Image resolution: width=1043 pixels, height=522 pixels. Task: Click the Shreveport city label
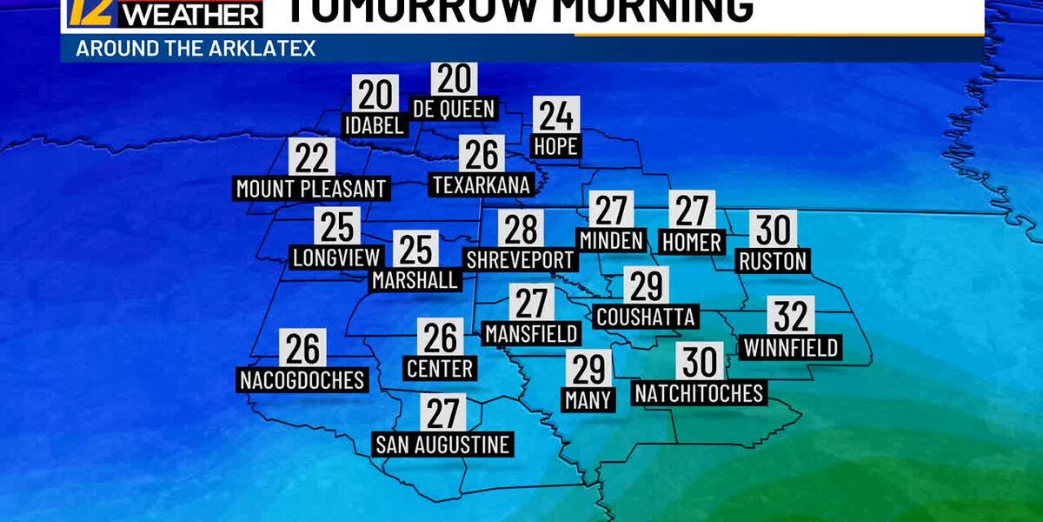(520, 259)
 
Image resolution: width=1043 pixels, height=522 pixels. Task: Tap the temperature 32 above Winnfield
(791, 316)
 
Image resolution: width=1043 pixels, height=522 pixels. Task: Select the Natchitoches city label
(699, 393)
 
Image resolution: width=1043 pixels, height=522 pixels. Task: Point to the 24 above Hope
(555, 116)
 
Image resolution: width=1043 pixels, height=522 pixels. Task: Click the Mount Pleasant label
(310, 188)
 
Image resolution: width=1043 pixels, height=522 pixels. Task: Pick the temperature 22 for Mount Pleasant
(311, 157)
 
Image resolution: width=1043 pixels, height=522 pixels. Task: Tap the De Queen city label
(454, 109)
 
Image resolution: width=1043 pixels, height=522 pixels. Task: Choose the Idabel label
(375, 124)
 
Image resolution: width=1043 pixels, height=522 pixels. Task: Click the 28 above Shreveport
(521, 229)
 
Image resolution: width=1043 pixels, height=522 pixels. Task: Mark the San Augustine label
(442, 445)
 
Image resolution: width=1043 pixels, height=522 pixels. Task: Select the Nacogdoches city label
(302, 379)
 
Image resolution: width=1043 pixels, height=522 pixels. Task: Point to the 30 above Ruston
(773, 230)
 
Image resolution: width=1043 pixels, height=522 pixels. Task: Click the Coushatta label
(645, 316)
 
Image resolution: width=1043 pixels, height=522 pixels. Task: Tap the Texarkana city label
(480, 184)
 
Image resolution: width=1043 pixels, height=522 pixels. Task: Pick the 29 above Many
(588, 369)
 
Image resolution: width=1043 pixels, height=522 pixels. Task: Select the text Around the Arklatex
(196, 48)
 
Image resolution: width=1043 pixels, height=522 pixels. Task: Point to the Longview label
(336, 258)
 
